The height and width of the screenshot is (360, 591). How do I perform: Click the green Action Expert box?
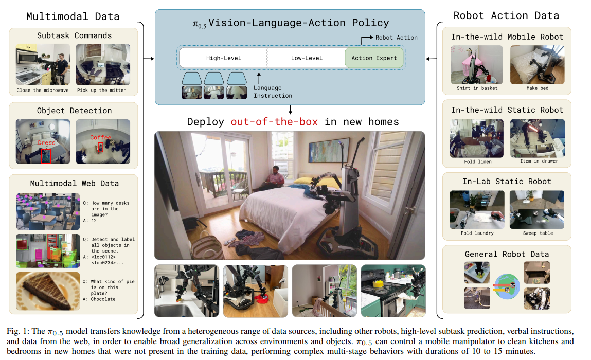[374, 58]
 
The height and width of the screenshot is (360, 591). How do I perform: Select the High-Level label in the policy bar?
[224, 58]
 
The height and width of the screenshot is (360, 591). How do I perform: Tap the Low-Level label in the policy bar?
[307, 58]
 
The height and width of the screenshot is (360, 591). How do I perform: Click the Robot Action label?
[396, 38]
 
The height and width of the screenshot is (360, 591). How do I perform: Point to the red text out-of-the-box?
[274, 122]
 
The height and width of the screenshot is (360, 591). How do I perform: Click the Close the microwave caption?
[43, 91]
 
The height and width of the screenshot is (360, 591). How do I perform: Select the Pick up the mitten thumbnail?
[103, 64]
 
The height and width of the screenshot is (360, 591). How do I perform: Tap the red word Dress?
[46, 142]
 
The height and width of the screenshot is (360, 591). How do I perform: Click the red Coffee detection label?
[100, 137]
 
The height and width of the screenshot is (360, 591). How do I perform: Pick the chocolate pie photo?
[48, 291]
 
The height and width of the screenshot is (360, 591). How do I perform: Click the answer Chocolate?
[103, 299]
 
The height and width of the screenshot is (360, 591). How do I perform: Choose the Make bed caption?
[538, 88]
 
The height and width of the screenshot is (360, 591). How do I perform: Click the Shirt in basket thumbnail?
[477, 65]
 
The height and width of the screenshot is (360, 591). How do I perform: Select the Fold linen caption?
[477, 161]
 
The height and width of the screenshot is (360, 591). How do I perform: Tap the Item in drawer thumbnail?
[538, 138]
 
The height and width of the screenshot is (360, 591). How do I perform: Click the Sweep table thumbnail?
[537, 210]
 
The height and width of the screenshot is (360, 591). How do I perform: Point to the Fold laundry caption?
[477, 233]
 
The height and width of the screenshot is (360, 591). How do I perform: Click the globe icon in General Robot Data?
[507, 286]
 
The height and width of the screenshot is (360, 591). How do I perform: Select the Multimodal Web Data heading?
[74, 184]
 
